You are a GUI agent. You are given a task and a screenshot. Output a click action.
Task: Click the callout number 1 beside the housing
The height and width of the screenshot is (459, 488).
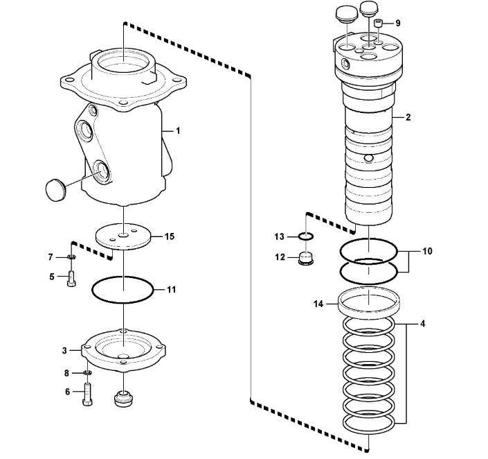pos(178,131)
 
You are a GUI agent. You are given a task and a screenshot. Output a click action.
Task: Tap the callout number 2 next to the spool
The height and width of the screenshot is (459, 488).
pos(408,117)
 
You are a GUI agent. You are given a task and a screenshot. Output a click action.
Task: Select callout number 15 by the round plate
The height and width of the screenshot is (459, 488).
pos(170,236)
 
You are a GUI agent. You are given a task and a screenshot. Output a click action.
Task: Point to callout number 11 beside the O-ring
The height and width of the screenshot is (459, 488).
pos(172,290)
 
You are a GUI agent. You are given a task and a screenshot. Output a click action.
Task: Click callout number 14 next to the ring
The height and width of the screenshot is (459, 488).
pos(318,304)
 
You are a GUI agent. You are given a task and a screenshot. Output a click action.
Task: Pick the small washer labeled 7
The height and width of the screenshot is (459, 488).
pos(72,257)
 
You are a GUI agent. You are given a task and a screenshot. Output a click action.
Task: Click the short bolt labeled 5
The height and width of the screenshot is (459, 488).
pos(71,279)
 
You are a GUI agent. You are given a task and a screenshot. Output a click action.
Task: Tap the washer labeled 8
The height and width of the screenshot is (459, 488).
pos(88,372)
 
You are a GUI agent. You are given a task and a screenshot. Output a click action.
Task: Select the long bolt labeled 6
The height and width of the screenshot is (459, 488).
pos(87,394)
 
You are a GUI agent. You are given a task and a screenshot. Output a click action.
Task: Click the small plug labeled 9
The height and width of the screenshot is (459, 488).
pos(378,24)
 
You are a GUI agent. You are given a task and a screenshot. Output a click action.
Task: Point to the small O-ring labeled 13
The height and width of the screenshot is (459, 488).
pos(306,236)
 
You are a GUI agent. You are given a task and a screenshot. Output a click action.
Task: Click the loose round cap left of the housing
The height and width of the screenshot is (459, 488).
pos(55,190)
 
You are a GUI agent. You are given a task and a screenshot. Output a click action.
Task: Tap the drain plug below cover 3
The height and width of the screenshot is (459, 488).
pos(123,399)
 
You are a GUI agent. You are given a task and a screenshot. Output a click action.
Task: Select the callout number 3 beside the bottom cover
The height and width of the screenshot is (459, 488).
pos(64,350)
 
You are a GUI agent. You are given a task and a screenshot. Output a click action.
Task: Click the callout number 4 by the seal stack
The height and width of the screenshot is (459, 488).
pos(422,324)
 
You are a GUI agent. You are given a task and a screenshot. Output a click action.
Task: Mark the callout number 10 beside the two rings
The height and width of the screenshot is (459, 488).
pos(427,251)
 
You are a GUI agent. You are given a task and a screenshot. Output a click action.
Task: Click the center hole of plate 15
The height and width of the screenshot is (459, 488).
pos(124,235)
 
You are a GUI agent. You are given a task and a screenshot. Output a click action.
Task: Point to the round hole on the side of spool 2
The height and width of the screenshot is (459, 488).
pos(368,158)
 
